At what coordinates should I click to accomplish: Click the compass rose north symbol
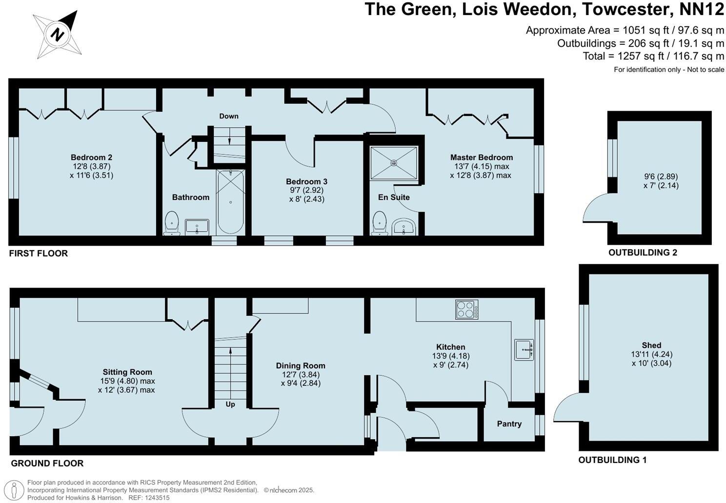point(58,35)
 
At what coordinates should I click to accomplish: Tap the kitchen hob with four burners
point(466,309)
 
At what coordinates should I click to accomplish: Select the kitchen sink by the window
point(524,349)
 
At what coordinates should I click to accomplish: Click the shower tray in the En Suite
point(394,163)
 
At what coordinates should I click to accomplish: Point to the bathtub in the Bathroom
point(230,201)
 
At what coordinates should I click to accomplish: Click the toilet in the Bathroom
point(172,223)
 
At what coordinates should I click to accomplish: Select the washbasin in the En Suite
point(403,227)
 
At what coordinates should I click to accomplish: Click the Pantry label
point(509,424)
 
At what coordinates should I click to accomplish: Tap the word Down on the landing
point(228,116)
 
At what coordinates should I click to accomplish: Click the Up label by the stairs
point(230,404)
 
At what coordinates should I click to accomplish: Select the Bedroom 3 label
point(306,181)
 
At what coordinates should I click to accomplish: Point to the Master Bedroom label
point(481,157)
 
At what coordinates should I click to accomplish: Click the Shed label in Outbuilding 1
point(651,345)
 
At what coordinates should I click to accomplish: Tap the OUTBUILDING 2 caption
point(643,252)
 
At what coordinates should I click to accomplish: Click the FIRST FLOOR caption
point(39,253)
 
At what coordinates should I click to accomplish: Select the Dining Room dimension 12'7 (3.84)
point(301,374)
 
